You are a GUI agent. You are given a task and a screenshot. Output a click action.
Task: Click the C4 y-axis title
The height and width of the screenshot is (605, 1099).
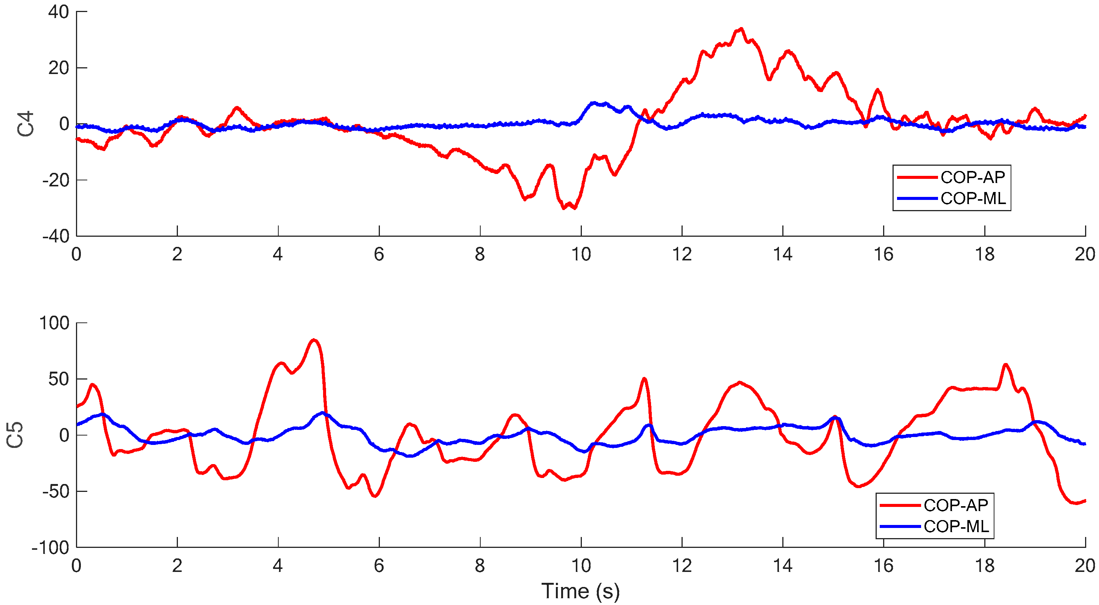point(26,124)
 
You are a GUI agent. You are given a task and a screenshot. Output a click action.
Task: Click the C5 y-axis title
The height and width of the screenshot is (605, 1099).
point(15,435)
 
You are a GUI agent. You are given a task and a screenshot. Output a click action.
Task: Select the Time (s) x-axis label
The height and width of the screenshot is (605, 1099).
point(580,591)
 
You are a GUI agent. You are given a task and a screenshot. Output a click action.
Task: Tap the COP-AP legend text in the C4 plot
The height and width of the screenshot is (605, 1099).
point(973,177)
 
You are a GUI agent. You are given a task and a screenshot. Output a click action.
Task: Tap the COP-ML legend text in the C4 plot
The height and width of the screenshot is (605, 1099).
point(973,198)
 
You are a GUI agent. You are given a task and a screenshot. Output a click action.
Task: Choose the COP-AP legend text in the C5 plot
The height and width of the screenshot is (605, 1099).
point(956,505)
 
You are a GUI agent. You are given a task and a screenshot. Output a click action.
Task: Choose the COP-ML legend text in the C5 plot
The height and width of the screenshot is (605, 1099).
point(956,526)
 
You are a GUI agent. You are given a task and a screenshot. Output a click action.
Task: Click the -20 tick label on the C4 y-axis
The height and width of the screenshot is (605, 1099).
point(56,180)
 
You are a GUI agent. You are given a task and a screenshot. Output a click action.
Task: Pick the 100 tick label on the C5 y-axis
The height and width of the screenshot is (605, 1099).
point(54,323)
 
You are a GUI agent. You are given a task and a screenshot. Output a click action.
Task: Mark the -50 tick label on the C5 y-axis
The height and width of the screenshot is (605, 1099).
point(56,492)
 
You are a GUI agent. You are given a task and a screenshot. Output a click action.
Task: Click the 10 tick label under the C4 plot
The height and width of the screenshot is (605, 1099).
point(581,254)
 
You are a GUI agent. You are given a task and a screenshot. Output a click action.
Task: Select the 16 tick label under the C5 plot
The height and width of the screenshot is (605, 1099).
point(883,566)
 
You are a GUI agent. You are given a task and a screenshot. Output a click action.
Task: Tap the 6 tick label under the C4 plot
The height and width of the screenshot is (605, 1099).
point(379,254)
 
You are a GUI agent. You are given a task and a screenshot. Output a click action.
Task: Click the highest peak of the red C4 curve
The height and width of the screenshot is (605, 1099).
point(741,29)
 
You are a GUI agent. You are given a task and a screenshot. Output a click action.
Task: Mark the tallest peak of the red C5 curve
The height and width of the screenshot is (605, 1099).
point(314,340)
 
